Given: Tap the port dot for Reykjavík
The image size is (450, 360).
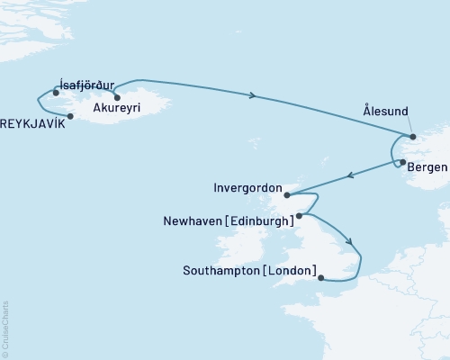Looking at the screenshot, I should [x=70, y=115].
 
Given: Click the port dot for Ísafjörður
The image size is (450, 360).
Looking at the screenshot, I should [x=56, y=93].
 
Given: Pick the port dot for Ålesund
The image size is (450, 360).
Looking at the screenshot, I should [x=413, y=137].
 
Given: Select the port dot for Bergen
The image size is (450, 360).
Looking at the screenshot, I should [x=403, y=163].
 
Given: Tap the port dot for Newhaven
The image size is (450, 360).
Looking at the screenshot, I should [x=299, y=216].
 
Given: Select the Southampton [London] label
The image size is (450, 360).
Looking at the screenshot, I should [x=249, y=270].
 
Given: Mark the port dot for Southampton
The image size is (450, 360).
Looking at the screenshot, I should [x=321, y=278].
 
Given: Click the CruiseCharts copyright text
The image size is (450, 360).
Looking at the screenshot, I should [x=5, y=329].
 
